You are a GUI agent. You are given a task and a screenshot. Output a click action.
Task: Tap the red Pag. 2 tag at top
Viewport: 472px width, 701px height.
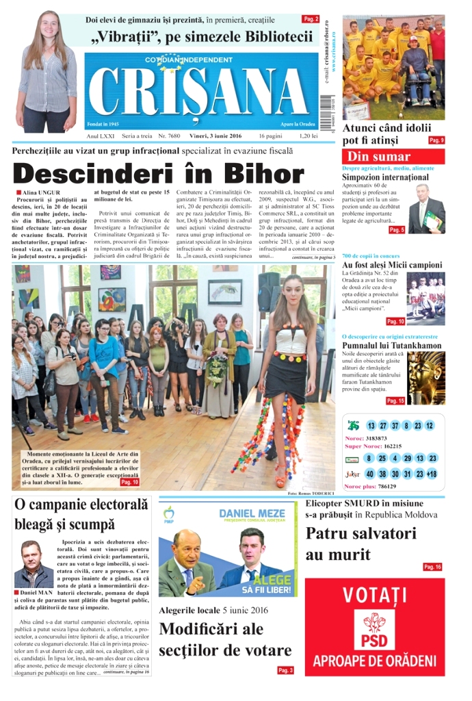tap(311, 19)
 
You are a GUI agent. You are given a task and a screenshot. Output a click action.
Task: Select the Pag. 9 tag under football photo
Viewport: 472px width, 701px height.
tap(436, 140)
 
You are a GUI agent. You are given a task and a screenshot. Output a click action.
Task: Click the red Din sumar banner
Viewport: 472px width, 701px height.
tap(393, 156)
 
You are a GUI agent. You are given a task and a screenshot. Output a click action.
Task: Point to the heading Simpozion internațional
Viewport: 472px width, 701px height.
tap(385, 177)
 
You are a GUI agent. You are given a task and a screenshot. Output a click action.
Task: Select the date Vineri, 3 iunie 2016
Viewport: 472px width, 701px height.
tap(215, 136)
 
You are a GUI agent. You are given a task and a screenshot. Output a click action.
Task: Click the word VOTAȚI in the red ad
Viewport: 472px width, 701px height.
tap(374, 594)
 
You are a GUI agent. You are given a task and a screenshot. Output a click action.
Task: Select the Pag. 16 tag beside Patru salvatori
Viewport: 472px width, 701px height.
tap(432, 567)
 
